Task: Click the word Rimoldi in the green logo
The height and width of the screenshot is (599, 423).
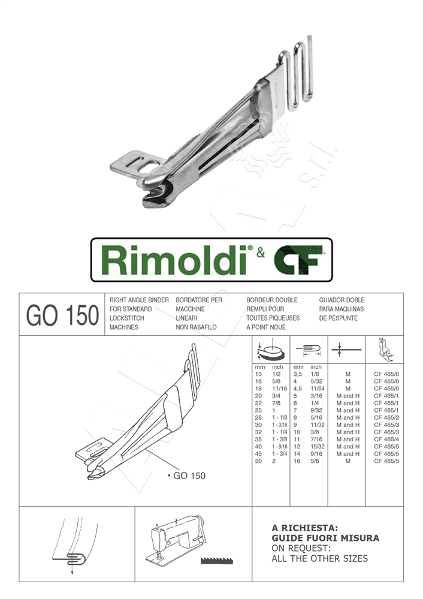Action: click(x=174, y=260)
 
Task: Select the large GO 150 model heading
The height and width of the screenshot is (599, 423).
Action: click(x=62, y=315)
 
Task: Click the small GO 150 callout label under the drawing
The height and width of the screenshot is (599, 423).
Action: click(x=187, y=475)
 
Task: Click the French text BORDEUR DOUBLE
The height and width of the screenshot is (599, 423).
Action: click(x=272, y=299)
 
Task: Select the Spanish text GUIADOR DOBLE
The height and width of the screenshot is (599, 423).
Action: click(x=342, y=299)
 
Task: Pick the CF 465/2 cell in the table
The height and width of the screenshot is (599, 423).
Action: click(x=386, y=417)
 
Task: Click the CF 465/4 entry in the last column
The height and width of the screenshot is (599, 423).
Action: click(x=386, y=439)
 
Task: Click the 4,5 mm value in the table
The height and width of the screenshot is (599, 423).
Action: click(x=297, y=388)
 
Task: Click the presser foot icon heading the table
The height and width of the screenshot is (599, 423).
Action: click(x=384, y=348)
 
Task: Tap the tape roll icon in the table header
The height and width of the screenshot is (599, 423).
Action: click(x=271, y=348)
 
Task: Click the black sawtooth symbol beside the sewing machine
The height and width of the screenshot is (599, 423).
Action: click(x=216, y=560)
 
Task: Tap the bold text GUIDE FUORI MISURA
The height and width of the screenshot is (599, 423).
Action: click(x=325, y=538)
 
